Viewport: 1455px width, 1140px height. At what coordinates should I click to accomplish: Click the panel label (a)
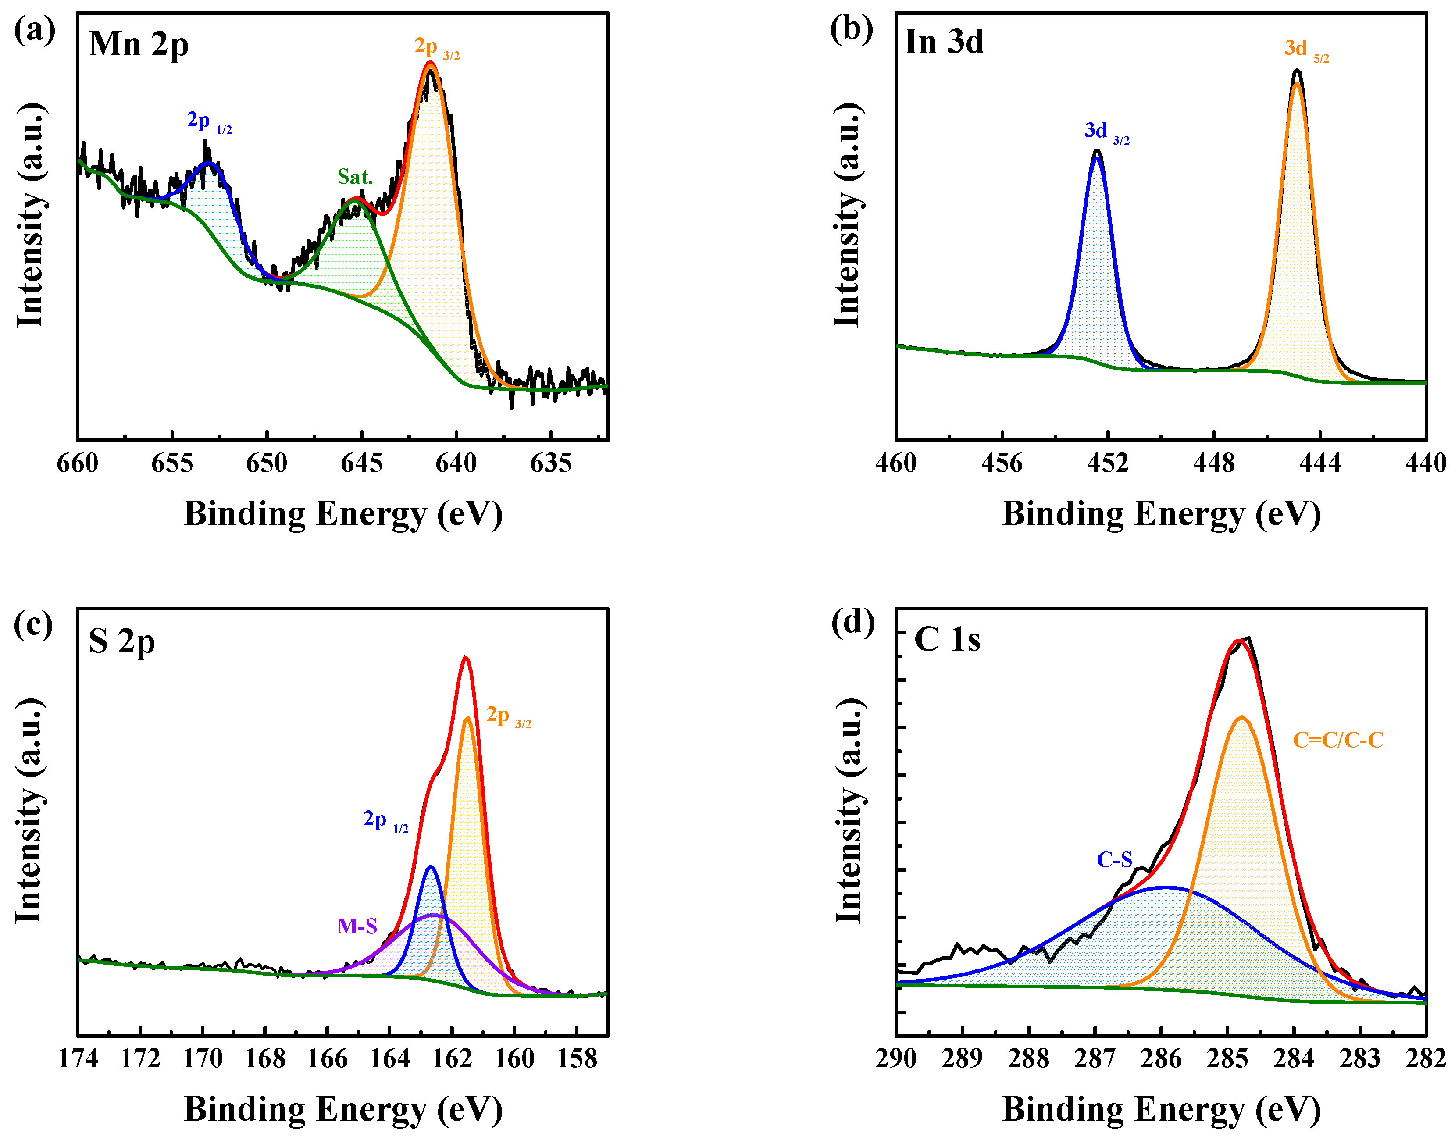pyautogui.click(x=35, y=31)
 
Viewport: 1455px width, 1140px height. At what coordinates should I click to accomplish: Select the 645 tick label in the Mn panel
pyautogui.click(x=361, y=463)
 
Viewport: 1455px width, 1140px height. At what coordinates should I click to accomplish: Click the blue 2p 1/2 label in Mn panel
pyautogui.click(x=208, y=122)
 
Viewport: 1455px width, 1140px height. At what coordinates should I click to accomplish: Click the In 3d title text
pyautogui.click(x=944, y=43)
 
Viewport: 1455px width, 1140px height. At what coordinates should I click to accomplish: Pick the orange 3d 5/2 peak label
pyautogui.click(x=1305, y=50)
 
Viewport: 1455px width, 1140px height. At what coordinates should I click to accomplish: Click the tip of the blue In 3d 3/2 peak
pyautogui.click(x=1097, y=152)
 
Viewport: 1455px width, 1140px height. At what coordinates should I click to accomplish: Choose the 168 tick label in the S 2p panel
pyautogui.click(x=265, y=1058)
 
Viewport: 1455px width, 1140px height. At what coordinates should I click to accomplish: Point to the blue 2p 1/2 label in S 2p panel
pyautogui.click(x=385, y=820)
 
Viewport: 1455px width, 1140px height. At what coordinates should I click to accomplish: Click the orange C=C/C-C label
pyautogui.click(x=1337, y=740)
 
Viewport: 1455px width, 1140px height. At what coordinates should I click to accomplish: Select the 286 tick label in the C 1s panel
pyautogui.click(x=1161, y=1058)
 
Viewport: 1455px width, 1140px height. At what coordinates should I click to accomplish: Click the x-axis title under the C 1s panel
pyautogui.click(x=1161, y=1109)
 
